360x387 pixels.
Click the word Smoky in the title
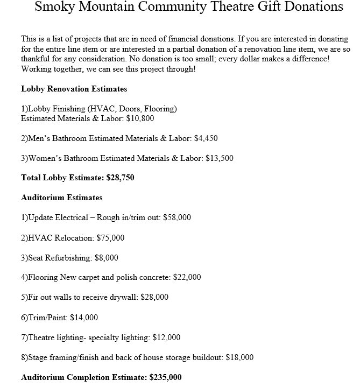click(x=56, y=6)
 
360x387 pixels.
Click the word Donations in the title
click(x=312, y=6)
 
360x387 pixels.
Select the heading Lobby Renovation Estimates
click(x=74, y=89)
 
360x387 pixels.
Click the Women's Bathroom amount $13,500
click(x=219, y=158)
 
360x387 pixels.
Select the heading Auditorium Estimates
click(x=61, y=198)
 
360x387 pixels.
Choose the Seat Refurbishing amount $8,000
click(x=106, y=258)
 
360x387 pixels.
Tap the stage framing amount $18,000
click(x=239, y=357)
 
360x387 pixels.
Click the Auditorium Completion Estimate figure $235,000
click(x=165, y=377)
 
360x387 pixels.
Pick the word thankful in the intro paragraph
click(x=36, y=59)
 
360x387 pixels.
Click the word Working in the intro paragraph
click(x=36, y=69)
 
